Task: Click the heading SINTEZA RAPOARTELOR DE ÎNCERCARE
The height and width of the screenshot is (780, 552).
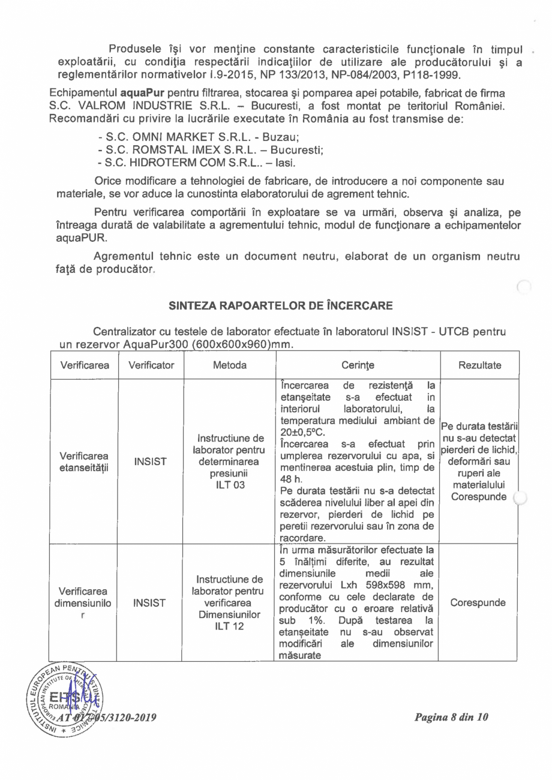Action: click(x=280, y=305)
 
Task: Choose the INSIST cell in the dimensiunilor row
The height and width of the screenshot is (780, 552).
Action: click(x=151, y=601)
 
